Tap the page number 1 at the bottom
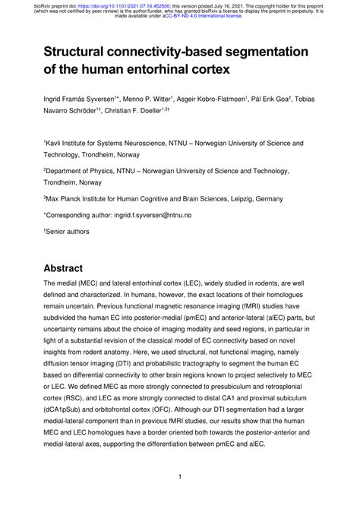pos(179,477)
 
